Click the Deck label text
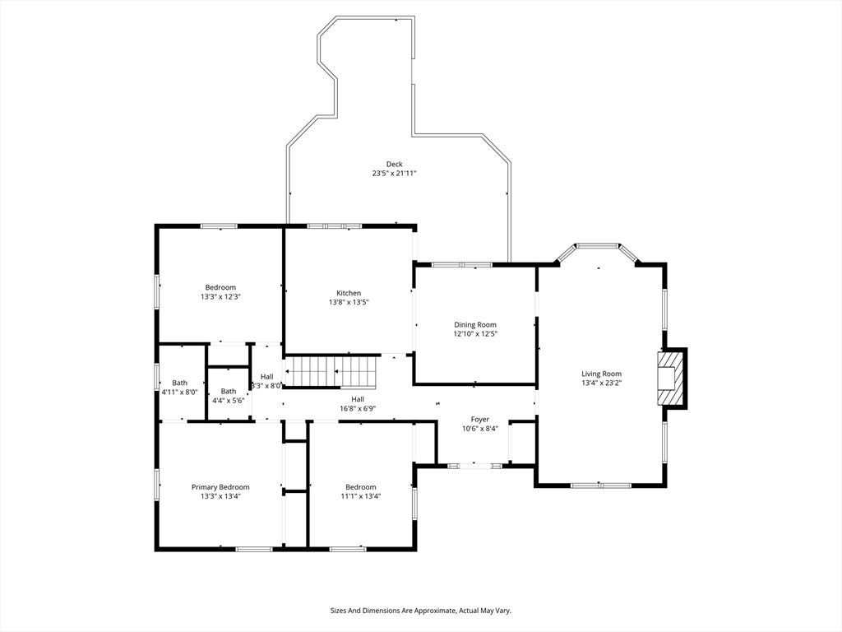point(394,164)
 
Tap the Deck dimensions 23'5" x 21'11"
point(394,174)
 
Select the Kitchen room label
point(348,293)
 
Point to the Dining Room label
point(475,324)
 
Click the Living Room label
point(601,374)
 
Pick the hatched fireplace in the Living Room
point(671,378)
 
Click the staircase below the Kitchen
point(331,370)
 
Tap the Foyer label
point(479,419)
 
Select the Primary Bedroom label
point(220,486)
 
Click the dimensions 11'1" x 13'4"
point(360,496)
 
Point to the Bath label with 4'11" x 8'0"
point(179,383)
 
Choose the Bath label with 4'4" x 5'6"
point(228,391)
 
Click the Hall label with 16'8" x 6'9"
point(358,398)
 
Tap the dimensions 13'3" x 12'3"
point(220,296)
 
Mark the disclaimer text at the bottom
point(420,611)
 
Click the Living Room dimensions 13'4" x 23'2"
point(601,383)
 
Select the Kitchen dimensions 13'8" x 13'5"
point(348,302)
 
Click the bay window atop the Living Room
point(597,246)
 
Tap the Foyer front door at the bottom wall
point(474,466)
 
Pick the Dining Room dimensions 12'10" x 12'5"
point(475,334)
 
